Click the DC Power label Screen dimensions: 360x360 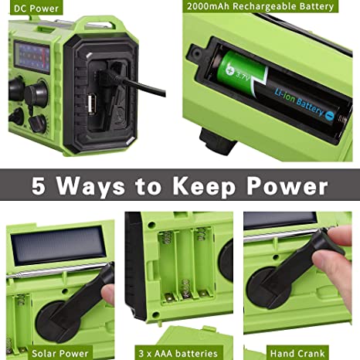pos(36,8)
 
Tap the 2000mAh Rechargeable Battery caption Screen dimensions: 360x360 pos(260,6)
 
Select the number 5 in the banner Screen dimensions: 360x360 pos(39,186)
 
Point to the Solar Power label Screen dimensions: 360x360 pos(59,354)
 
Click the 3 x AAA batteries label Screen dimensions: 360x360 pos(178,354)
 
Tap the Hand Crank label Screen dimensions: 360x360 pos(297,353)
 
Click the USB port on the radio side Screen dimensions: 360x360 pos(90,104)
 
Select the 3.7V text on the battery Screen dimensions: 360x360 pos(241,76)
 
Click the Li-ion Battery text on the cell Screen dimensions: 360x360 pos(299,102)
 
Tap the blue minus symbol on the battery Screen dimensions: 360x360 pos(329,115)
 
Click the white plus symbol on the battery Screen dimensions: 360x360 pos(229,70)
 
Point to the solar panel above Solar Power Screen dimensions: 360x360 pos(59,245)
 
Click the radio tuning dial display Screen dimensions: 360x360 pos(32,57)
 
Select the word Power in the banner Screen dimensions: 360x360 pos(287,186)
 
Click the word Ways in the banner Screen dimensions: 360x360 pos(90,186)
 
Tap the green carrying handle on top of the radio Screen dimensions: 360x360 pos(98,25)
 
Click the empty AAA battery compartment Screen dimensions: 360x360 pos(186,265)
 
